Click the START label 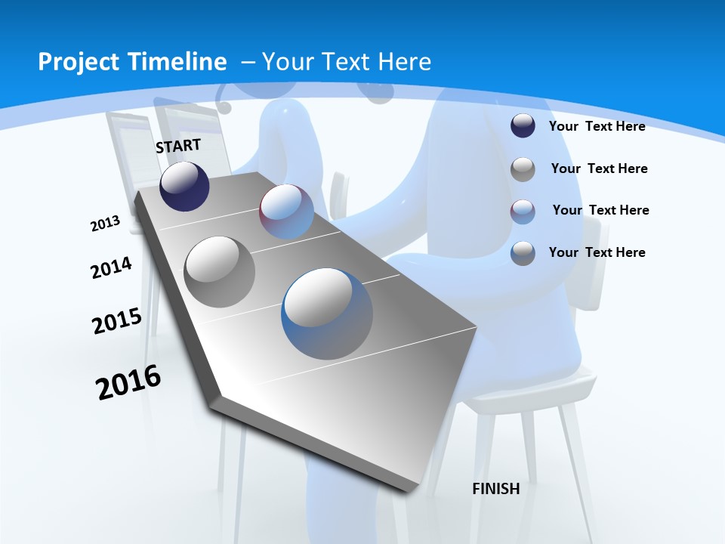pyautogui.click(x=178, y=146)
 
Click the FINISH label pyautogui.click(x=496, y=489)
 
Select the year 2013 pyautogui.click(x=105, y=224)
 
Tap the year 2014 pyautogui.click(x=111, y=267)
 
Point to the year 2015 pyautogui.click(x=117, y=321)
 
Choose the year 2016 pyautogui.click(x=128, y=382)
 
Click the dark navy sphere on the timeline pyautogui.click(x=184, y=187)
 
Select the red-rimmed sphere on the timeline pyautogui.click(x=286, y=212)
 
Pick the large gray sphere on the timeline pyautogui.click(x=219, y=271)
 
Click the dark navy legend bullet pyautogui.click(x=523, y=126)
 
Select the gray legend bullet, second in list pyautogui.click(x=523, y=169)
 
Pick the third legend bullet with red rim pyautogui.click(x=523, y=212)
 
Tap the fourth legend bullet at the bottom pyautogui.click(x=523, y=253)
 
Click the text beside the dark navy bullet pyautogui.click(x=597, y=127)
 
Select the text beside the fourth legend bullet pyautogui.click(x=597, y=252)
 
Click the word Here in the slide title pyautogui.click(x=405, y=62)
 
